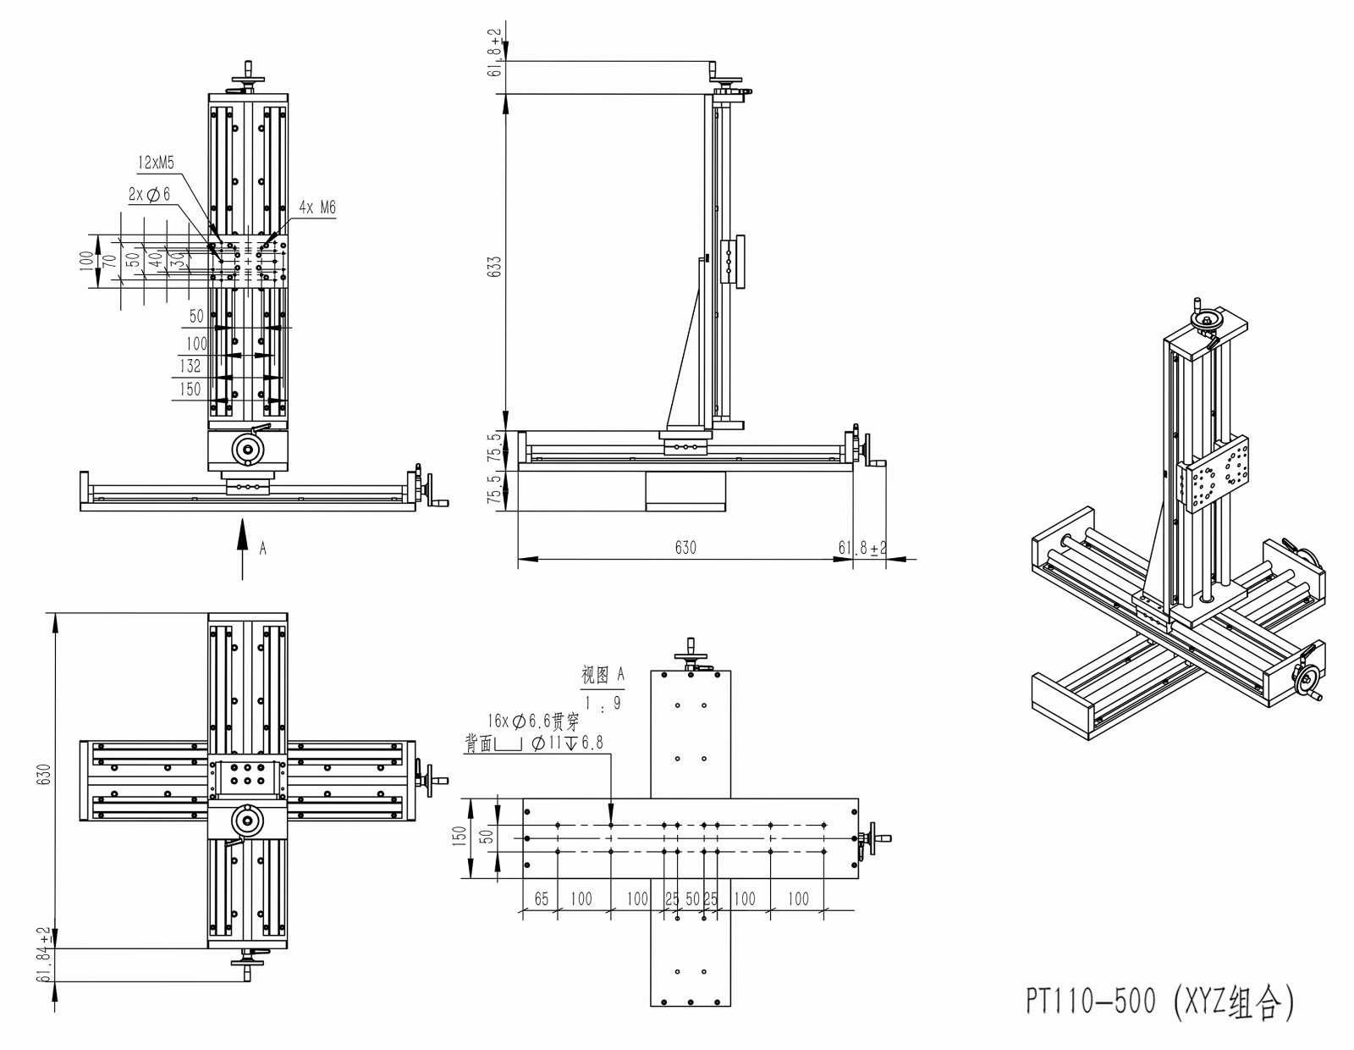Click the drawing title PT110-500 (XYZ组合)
click(1159, 1001)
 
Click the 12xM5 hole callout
click(157, 163)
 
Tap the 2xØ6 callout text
click(150, 194)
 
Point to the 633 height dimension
click(495, 265)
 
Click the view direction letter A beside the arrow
click(263, 549)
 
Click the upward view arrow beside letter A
click(242, 542)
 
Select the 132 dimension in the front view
click(190, 366)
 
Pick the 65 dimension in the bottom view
click(542, 898)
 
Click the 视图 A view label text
click(603, 675)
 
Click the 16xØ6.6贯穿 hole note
click(533, 721)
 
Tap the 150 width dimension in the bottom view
click(460, 837)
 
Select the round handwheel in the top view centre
click(248, 820)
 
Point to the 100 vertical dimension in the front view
click(85, 260)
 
